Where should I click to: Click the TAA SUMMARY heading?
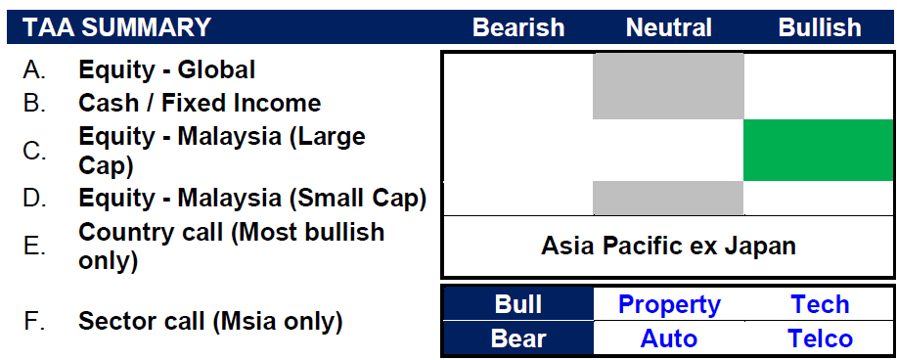pos(116,27)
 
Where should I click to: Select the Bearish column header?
pos(518,27)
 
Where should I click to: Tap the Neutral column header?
pos(669,27)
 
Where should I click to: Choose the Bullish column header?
pos(820,27)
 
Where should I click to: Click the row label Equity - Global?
pos(166,69)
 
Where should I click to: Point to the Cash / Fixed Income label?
pos(200,103)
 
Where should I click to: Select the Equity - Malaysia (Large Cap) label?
pos(222,151)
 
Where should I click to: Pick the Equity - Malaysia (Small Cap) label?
pos(252,198)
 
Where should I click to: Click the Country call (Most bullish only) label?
pos(231,247)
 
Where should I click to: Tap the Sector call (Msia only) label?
pos(210,322)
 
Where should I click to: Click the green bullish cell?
pos(818,150)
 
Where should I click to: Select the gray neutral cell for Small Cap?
pos(668,198)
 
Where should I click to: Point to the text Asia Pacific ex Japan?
pos(668,247)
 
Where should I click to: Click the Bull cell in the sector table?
pos(518,304)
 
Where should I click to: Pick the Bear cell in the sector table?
pos(518,337)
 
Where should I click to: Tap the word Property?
pos(669,305)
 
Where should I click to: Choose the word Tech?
pos(820,304)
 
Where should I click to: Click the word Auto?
pos(669,338)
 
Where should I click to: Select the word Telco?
pos(820,338)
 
